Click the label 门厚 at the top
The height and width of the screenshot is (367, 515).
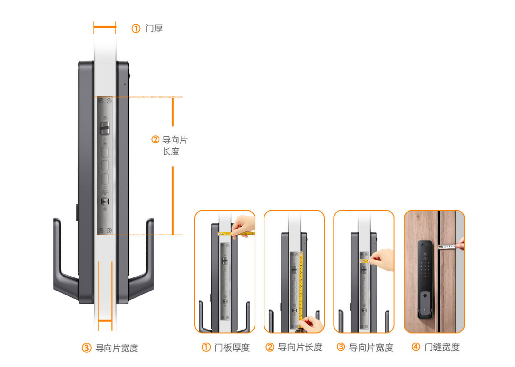pos(154,28)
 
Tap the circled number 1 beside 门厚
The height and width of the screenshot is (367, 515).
pos(136,28)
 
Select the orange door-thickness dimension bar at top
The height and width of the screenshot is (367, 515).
pos(105,27)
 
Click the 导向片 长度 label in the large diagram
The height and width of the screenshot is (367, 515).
pos(175,146)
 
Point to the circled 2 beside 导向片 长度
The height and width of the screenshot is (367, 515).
pos(155,139)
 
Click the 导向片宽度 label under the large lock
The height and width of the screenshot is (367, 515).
pos(117,348)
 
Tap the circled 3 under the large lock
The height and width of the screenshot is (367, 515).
pos(86,348)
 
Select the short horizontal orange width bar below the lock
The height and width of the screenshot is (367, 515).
pos(105,320)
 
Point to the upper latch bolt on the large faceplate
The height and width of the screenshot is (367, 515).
pos(105,128)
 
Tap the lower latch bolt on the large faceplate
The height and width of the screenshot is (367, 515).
pos(105,201)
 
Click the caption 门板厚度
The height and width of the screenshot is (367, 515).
pos(232,347)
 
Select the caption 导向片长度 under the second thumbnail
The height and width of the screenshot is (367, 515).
pos(300,347)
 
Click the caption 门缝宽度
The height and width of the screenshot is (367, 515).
pos(442,347)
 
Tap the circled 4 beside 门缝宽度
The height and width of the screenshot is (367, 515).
pos(416,347)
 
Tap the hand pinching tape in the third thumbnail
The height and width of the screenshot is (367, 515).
pos(382,260)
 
